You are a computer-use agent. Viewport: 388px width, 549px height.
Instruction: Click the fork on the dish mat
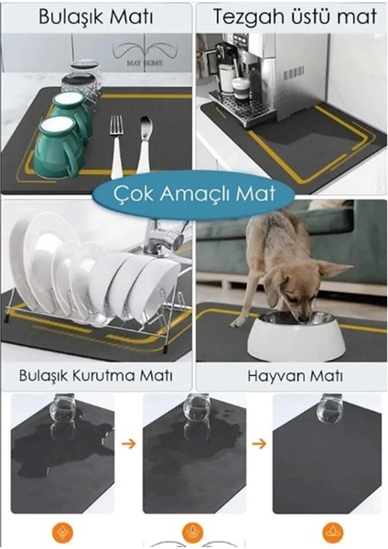[x=116, y=147]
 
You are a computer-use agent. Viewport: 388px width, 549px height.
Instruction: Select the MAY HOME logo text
[x=145, y=63]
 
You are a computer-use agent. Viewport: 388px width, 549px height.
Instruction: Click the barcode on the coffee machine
[x=293, y=73]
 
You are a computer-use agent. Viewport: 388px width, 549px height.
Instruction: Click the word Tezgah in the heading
[x=246, y=17]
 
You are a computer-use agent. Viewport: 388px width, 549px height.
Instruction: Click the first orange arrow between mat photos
[x=128, y=444]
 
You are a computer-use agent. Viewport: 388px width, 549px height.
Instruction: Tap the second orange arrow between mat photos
[x=259, y=444]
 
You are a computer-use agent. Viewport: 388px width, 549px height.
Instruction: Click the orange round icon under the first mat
[x=62, y=533]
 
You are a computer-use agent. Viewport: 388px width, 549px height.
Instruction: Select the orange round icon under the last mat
[x=333, y=533]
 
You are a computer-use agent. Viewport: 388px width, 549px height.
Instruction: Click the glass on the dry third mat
[x=329, y=410]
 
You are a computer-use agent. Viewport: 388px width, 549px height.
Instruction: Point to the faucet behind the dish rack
[x=164, y=238]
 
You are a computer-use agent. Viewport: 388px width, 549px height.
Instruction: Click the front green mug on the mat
[x=59, y=147]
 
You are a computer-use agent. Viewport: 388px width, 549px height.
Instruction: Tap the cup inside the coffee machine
[x=242, y=88]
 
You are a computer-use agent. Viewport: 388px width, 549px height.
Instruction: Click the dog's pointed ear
[x=336, y=268]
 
